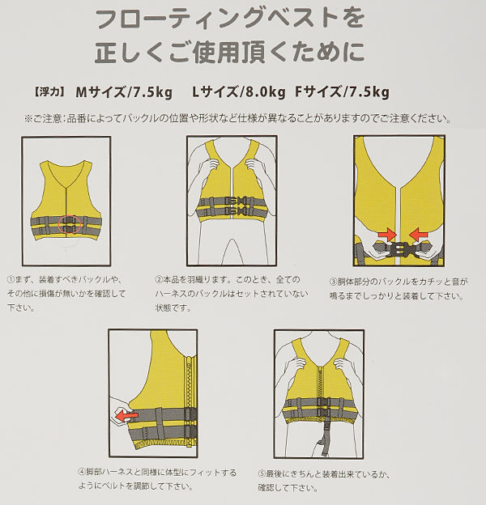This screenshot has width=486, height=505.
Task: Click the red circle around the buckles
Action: [58, 224]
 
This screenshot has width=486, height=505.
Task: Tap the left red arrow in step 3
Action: [387, 234]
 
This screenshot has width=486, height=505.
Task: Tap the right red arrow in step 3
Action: [419, 234]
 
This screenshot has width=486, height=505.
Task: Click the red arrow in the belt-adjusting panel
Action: [126, 415]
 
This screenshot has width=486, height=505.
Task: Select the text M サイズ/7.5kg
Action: [124, 92]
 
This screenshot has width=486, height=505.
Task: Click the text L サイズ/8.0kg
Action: [238, 92]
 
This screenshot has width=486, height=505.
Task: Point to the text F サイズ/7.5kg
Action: [343, 92]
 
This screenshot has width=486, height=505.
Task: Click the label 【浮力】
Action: [49, 93]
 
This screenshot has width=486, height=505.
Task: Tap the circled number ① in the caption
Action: [11, 279]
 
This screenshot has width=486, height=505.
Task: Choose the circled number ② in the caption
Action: [159, 279]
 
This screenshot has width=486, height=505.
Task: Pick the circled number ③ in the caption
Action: [333, 282]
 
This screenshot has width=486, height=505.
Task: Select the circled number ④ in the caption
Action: [82, 473]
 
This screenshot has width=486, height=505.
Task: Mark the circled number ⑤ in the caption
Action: [262, 474]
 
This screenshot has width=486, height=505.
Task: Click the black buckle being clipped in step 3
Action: [399, 248]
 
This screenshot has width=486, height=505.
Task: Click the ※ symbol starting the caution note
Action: [28, 119]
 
